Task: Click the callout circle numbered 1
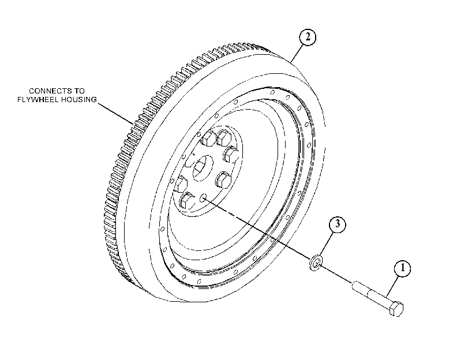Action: pyautogui.click(x=402, y=268)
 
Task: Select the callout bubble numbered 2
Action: pyautogui.click(x=308, y=37)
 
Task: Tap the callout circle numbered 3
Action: pyautogui.click(x=338, y=224)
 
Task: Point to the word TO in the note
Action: pyautogui.click(x=79, y=91)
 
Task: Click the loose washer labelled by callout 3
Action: pyautogui.click(x=316, y=262)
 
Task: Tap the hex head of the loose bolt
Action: pyautogui.click(x=396, y=309)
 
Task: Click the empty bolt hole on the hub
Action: pyautogui.click(x=203, y=197)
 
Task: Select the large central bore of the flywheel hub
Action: pyautogui.click(x=203, y=168)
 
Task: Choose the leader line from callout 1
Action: pyautogui.click(x=392, y=287)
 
